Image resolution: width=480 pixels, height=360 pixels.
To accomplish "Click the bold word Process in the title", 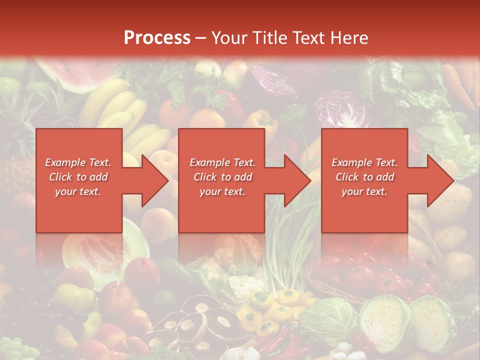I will click(x=157, y=38).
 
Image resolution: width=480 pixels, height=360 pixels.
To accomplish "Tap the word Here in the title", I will click(x=349, y=38).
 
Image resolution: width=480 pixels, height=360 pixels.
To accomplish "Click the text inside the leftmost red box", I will click(x=78, y=177).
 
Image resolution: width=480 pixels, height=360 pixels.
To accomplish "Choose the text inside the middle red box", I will click(x=222, y=177).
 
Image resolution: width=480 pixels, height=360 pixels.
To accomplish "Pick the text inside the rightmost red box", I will click(x=364, y=177).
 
